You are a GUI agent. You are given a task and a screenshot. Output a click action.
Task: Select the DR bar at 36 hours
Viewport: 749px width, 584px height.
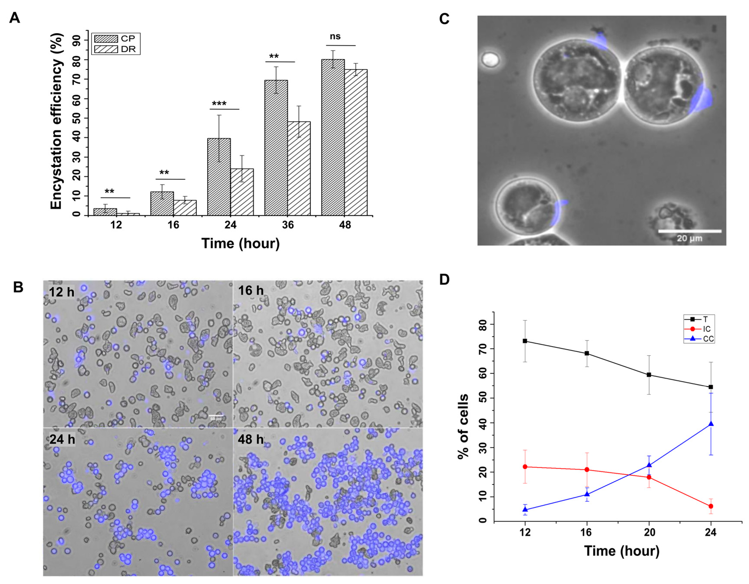[x=299, y=168]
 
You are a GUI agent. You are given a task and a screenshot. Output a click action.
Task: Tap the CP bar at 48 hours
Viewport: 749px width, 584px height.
[x=333, y=137]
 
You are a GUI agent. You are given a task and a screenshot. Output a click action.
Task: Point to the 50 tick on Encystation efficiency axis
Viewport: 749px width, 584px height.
[x=76, y=118]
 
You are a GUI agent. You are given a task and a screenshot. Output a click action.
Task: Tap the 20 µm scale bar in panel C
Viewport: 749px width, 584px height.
[x=689, y=231]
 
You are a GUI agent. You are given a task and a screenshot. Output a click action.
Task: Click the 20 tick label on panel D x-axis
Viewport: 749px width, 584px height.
[x=649, y=532]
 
